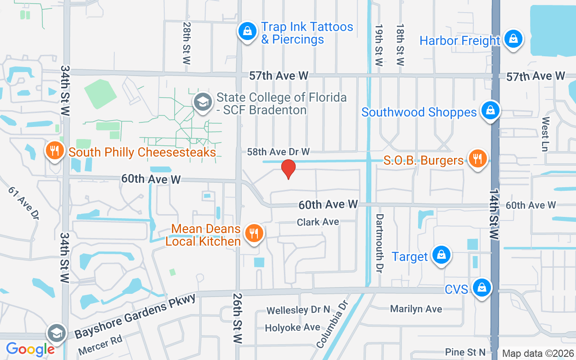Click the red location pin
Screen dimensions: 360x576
pyautogui.click(x=288, y=169)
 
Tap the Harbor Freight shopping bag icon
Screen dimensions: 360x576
pyautogui.click(x=513, y=39)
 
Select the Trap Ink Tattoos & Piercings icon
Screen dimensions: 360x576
pyautogui.click(x=247, y=31)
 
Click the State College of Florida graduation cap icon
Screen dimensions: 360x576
pyautogui.click(x=203, y=102)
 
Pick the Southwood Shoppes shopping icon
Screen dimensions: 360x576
pyautogui.click(x=490, y=110)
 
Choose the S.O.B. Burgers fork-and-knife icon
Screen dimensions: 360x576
pyautogui.click(x=477, y=159)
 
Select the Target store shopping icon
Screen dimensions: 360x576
pyautogui.click(x=441, y=255)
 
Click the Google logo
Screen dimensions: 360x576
pyautogui.click(x=30, y=349)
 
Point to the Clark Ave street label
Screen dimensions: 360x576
pyautogui.click(x=318, y=222)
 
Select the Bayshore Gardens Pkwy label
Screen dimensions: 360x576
pyautogui.click(x=135, y=316)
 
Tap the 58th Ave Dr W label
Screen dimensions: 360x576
pyautogui.click(x=278, y=152)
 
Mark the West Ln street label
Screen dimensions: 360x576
pyautogui.click(x=546, y=134)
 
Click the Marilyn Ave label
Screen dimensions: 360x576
pyautogui.click(x=416, y=309)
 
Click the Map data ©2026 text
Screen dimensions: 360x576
pyautogui.click(x=538, y=353)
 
